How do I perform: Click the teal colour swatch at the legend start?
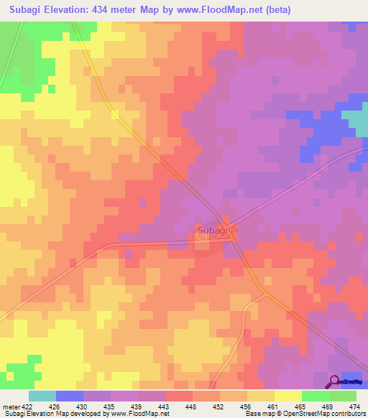(x=42, y=396)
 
